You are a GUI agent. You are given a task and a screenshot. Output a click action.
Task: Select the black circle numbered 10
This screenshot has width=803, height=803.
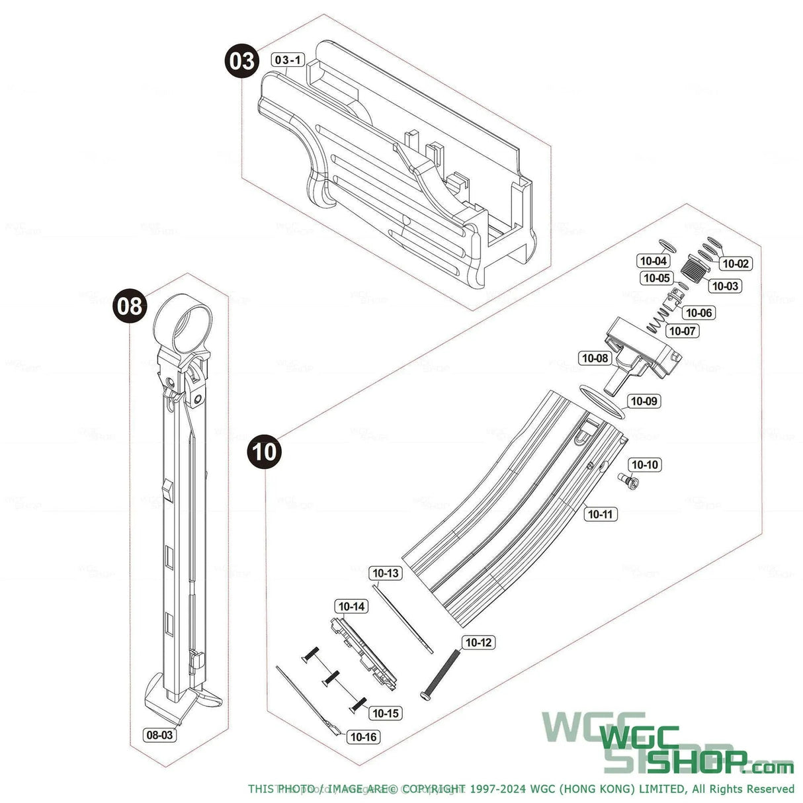[264, 452]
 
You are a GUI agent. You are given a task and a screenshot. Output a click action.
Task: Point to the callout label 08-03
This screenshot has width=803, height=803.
[160, 735]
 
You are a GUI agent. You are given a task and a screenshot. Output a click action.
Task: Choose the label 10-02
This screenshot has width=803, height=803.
[735, 263]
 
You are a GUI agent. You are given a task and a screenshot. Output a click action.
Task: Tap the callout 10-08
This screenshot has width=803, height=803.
[595, 359]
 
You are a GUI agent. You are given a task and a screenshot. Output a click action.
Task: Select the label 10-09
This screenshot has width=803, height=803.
[644, 401]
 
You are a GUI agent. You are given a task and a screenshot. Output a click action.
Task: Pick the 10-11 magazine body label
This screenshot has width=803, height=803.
[600, 514]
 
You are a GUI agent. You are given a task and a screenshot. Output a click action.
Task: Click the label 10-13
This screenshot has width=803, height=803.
[386, 573]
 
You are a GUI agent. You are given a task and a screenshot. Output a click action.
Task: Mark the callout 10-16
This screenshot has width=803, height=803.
[364, 737]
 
